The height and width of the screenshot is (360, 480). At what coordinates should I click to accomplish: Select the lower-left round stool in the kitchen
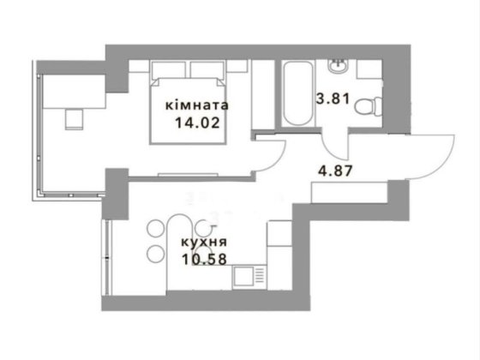(155, 254)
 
